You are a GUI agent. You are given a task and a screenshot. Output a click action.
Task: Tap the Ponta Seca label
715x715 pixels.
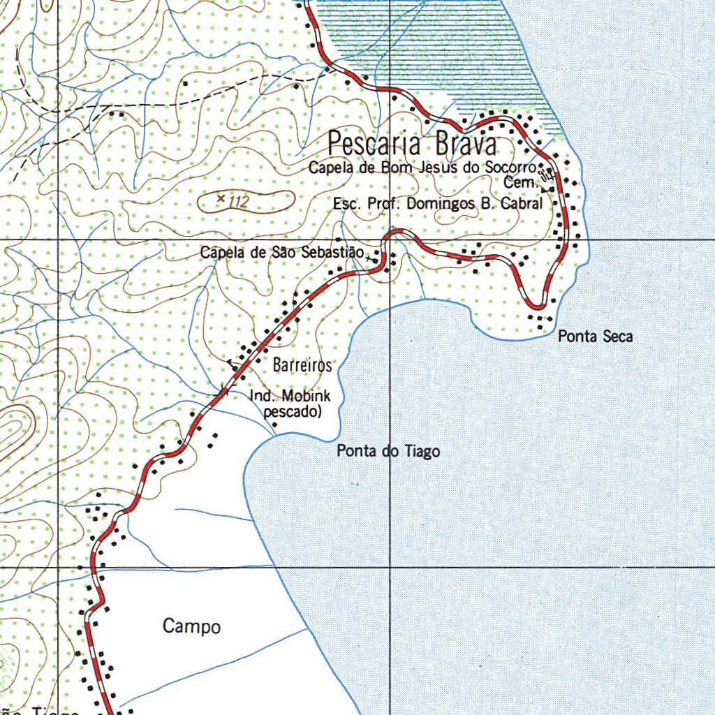pyautogui.click(x=595, y=337)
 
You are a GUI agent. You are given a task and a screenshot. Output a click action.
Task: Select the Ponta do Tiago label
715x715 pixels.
pyautogui.click(x=388, y=452)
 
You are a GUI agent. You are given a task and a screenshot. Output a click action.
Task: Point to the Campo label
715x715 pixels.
pyautogui.click(x=191, y=626)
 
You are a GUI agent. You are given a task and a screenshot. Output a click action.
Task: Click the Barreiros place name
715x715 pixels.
pyautogui.click(x=302, y=365)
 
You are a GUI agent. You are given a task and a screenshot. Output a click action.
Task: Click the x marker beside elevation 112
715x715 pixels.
pyautogui.click(x=221, y=200)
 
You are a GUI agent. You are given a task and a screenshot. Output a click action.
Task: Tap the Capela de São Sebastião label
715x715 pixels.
pyautogui.click(x=281, y=253)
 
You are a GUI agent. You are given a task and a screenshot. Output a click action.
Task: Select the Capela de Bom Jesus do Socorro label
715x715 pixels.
pyautogui.click(x=422, y=168)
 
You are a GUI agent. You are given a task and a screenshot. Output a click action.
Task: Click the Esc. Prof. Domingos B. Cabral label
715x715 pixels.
pyautogui.click(x=438, y=205)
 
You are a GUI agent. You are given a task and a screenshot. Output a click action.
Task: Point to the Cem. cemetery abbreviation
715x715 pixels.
pyautogui.click(x=524, y=182)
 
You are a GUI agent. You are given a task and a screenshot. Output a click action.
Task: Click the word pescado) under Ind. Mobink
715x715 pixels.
pyautogui.click(x=293, y=412)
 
